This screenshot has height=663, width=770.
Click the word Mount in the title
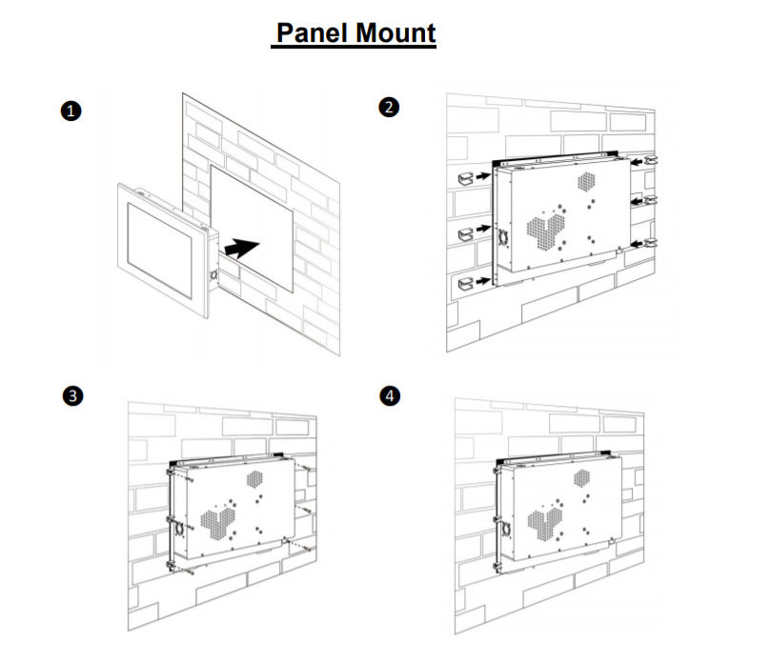pos(394,33)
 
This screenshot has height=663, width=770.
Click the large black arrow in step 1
pos(242,249)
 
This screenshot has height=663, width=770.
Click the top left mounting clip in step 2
pos(467,176)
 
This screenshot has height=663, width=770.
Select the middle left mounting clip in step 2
pos(467,232)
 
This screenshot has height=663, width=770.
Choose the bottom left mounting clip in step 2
pos(467,281)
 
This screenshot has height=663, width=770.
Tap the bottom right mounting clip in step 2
pos(651,245)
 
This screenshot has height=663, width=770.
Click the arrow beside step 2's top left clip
pos(484,176)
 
